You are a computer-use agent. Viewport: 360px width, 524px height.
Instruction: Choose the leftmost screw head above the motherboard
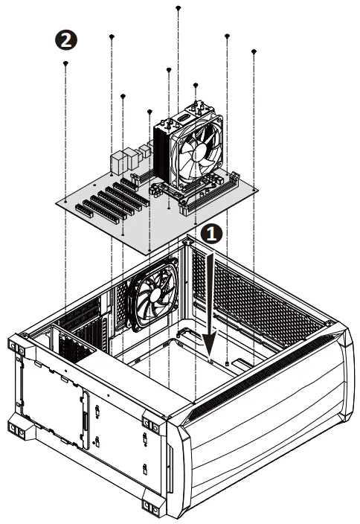(x=66, y=64)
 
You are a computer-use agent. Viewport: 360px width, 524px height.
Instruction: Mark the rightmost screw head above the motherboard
(x=254, y=51)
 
